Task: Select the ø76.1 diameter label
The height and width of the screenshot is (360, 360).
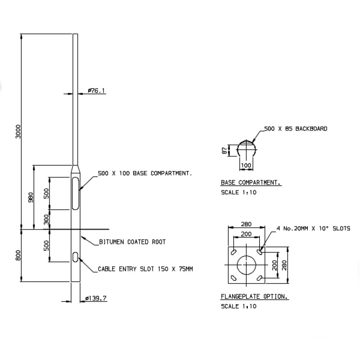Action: coord(96,91)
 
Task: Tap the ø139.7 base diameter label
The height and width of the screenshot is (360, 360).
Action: coord(96,298)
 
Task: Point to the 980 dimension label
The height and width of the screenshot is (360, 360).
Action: coord(31,198)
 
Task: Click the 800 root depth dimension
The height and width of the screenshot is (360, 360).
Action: coord(18,256)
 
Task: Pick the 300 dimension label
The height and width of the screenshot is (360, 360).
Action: coord(46,219)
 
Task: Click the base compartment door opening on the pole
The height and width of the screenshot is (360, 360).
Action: coord(75,193)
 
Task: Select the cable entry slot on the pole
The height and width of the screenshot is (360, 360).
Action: coord(75,257)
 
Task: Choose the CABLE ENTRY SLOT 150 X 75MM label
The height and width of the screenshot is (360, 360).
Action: coord(145,269)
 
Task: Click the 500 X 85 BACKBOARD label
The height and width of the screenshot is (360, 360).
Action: coord(296,129)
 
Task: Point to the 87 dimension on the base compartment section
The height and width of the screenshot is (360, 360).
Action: coord(224,150)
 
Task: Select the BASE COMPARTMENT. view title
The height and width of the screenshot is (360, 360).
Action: coord(251,183)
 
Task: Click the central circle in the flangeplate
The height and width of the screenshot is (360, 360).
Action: coord(246,265)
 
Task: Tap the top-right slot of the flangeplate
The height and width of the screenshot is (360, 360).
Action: coord(260,250)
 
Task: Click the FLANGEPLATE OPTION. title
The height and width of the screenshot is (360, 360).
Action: coord(254,297)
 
